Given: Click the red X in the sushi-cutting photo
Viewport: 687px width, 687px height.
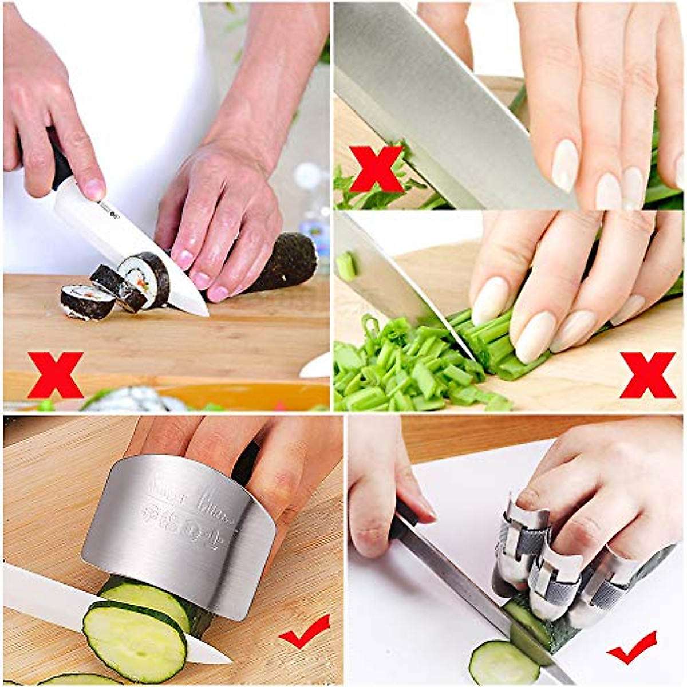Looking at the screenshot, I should [x=56, y=375].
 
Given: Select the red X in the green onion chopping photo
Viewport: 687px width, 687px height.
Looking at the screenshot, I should [x=647, y=375].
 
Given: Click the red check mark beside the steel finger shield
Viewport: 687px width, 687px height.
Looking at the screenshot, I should [x=304, y=630].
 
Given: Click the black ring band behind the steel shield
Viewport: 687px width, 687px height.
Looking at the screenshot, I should [x=247, y=464].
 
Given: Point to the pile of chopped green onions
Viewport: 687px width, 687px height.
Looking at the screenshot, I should [x=401, y=366].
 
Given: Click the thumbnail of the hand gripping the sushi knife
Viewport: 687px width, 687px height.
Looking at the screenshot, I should [x=94, y=188].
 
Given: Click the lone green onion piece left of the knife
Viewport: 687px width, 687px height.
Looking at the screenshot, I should [x=346, y=266].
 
